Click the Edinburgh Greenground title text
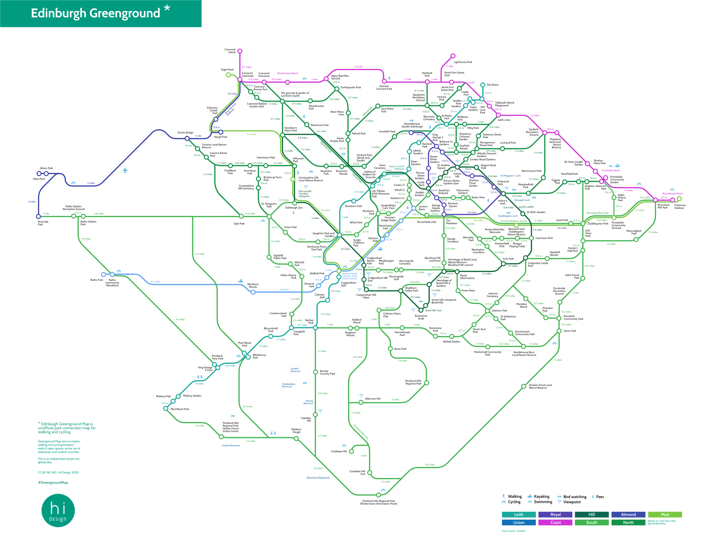click(x=96, y=13)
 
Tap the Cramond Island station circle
click(x=240, y=51)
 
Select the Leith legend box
click(x=518, y=514)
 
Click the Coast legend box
click(x=555, y=522)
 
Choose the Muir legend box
click(x=665, y=514)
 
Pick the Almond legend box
click(x=628, y=514)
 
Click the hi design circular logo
click(x=58, y=510)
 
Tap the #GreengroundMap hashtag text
click(x=53, y=483)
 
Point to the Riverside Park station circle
click(x=39, y=217)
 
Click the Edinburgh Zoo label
click(x=294, y=208)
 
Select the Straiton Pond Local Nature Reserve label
click(x=540, y=386)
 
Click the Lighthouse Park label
click(x=463, y=62)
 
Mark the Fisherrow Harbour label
click(x=680, y=207)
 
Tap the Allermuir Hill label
click(x=372, y=399)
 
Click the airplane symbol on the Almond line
click(x=125, y=170)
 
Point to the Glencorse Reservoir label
click(x=318, y=478)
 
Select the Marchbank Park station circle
click(x=166, y=408)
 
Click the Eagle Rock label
click(x=227, y=70)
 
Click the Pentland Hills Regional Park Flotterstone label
click(x=378, y=502)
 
